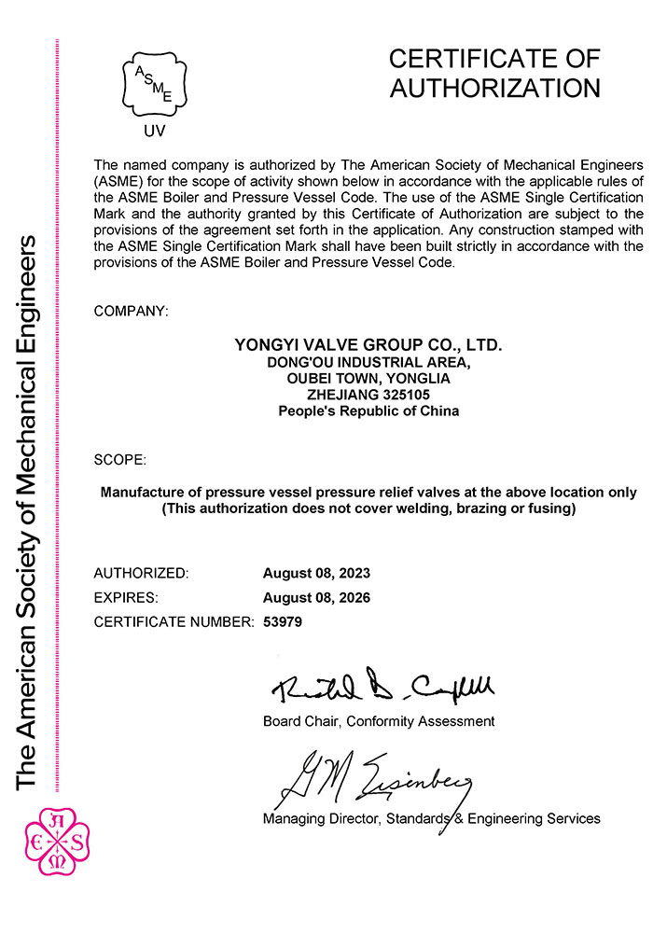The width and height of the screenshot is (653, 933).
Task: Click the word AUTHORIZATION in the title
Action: point(494,89)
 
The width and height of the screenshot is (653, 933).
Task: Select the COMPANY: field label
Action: point(132,310)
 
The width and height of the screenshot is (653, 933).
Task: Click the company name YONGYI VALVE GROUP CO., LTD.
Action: point(368,345)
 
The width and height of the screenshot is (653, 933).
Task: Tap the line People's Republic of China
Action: point(368,411)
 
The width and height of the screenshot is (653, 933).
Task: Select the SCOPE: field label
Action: point(120,460)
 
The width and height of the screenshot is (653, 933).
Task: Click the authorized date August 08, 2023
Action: point(317,572)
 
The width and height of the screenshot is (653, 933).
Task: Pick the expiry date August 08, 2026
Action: point(317,597)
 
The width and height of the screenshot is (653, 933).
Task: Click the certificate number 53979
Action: point(284,621)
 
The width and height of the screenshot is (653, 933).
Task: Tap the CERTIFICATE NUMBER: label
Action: point(174,621)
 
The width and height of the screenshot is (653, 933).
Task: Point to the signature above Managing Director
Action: point(373,779)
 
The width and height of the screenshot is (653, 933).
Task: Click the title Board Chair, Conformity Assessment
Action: point(379,721)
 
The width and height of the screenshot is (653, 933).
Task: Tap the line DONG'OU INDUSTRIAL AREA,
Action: point(368,362)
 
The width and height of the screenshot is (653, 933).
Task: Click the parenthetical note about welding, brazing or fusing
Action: point(368,508)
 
